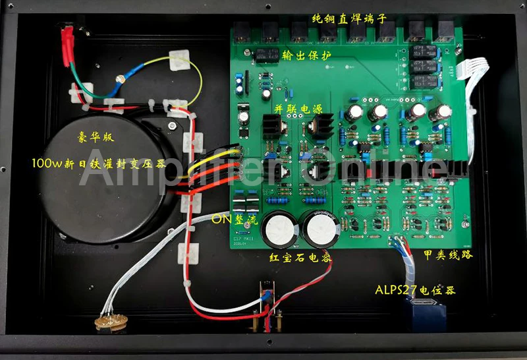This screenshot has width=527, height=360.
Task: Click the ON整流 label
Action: click(x=234, y=222)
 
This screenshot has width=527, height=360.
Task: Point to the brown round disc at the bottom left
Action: click(x=108, y=323)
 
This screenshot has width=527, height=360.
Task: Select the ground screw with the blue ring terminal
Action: click(x=121, y=80)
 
